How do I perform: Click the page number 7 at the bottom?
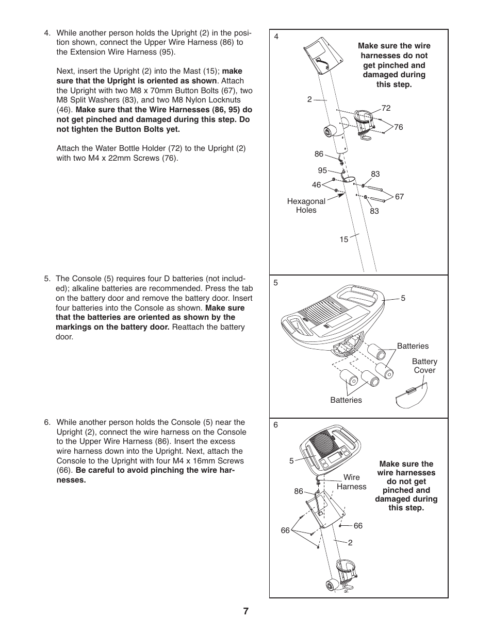[246, 611]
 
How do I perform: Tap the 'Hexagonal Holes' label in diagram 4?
[306, 205]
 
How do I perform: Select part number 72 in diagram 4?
[386, 108]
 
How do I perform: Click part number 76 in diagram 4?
[398, 127]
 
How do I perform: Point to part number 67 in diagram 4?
[399, 197]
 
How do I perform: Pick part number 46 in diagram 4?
[316, 185]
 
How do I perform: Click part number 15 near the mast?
[343, 239]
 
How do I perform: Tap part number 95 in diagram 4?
[322, 170]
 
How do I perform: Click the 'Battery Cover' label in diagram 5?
[424, 366]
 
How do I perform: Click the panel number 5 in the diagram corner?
[276, 283]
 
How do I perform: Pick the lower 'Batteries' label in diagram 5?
[346, 400]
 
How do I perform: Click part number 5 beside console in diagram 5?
[403, 298]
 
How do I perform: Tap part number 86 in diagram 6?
[299, 491]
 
